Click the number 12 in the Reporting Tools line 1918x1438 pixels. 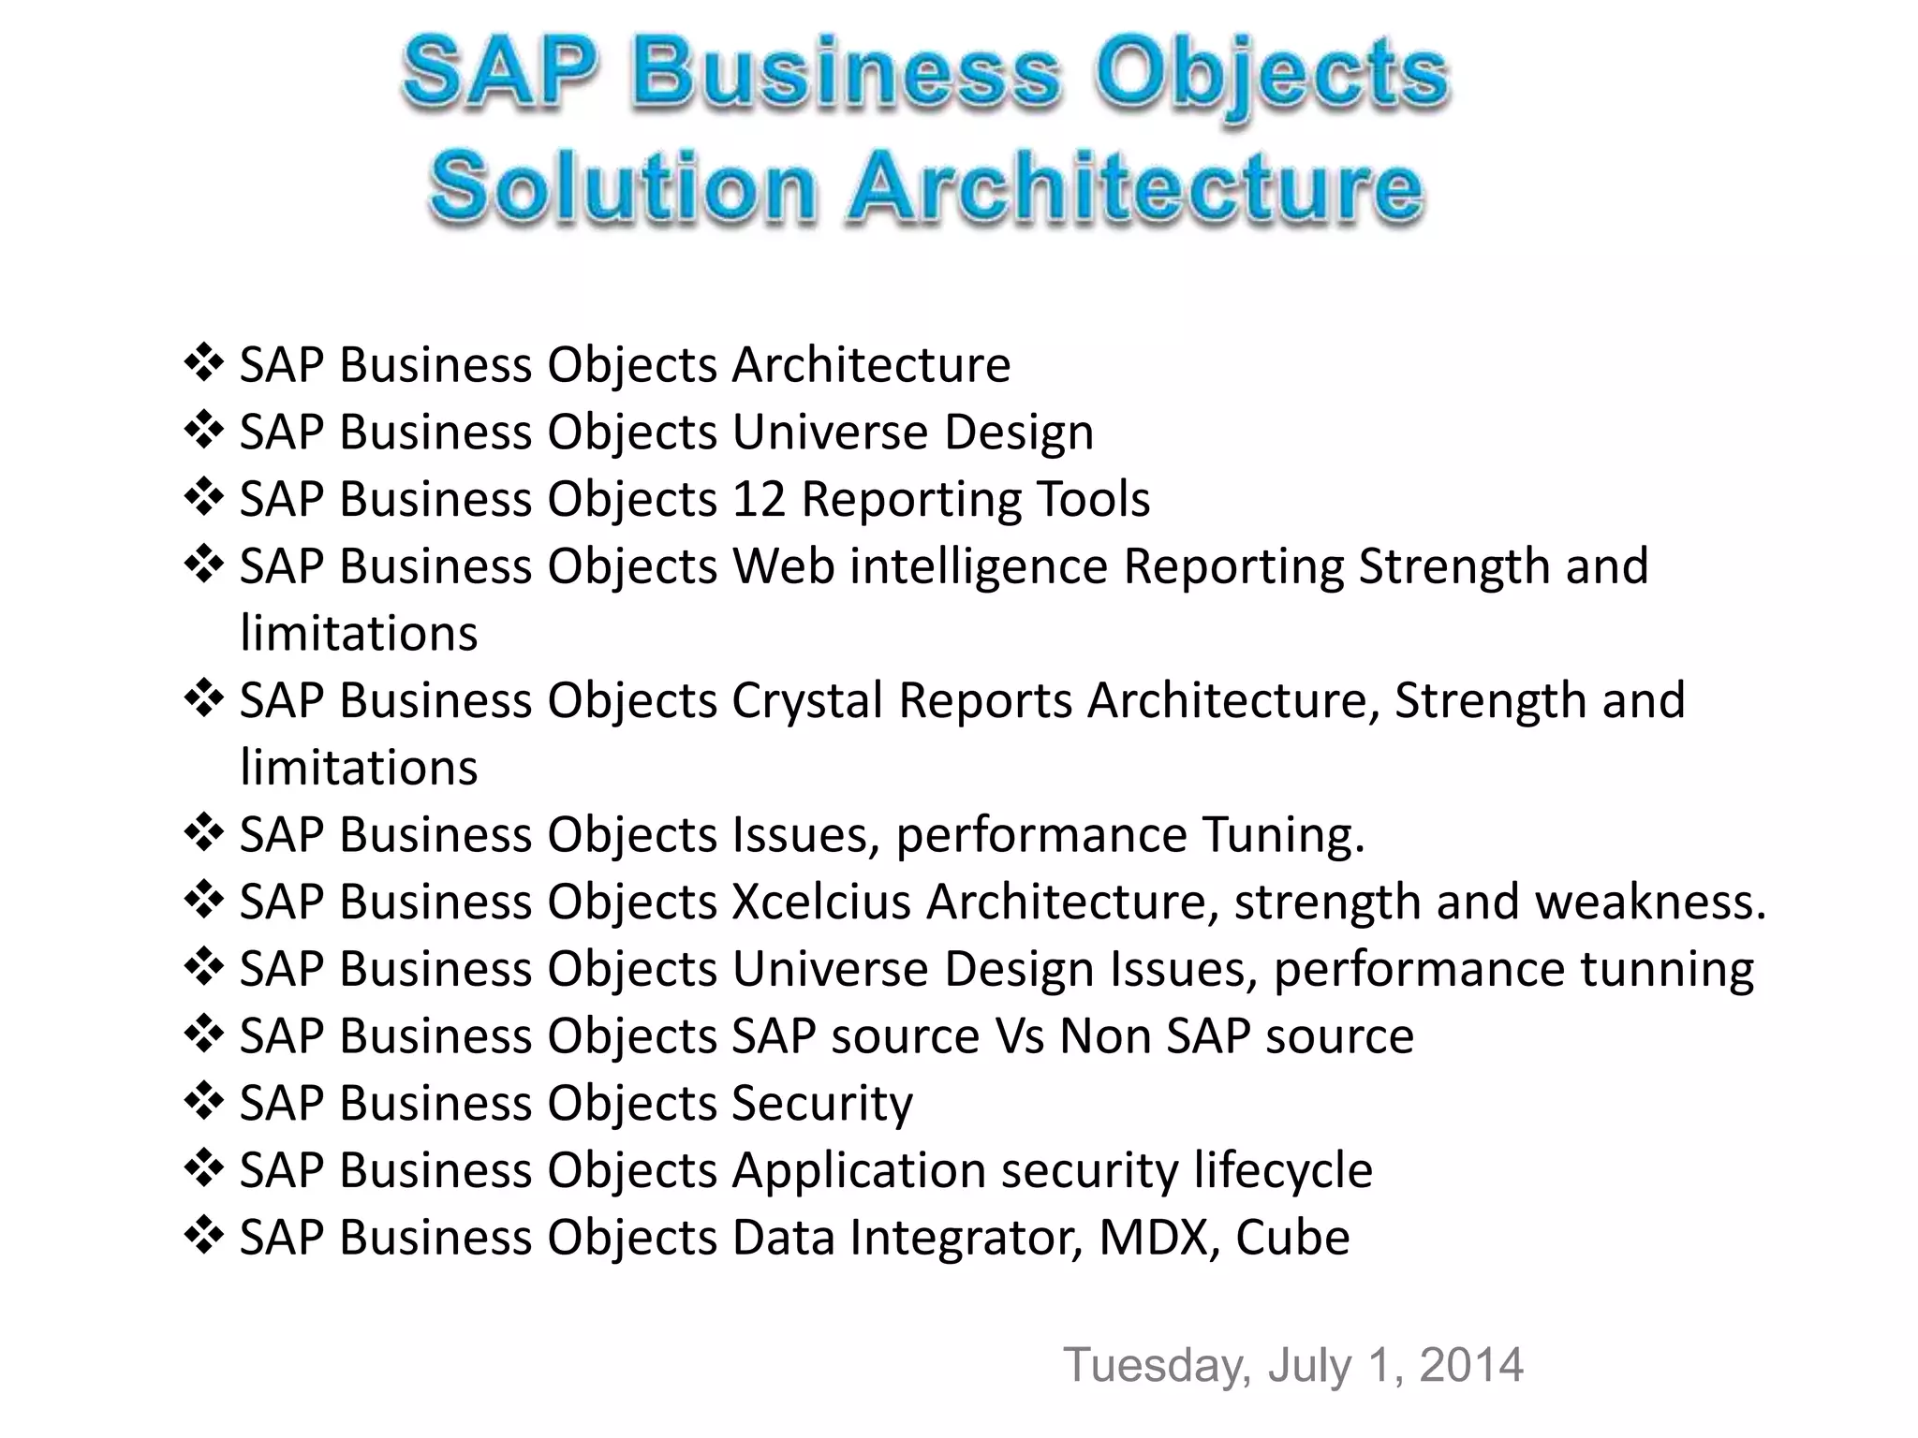click(758, 498)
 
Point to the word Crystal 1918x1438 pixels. click(807, 700)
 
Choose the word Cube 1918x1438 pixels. click(1292, 1237)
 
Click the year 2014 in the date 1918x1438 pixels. click(1471, 1365)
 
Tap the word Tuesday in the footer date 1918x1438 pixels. click(1157, 1365)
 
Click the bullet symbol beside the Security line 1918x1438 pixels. click(203, 1101)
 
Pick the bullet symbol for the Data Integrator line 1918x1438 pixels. click(203, 1236)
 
